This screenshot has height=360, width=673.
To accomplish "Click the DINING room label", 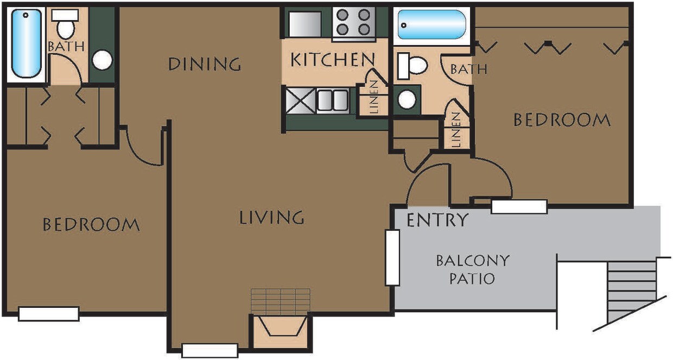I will [x=204, y=64].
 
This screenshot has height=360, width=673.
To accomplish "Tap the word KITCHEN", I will [x=333, y=60].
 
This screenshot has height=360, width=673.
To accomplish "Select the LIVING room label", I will [x=271, y=218].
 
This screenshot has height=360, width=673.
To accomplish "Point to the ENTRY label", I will [x=437, y=220].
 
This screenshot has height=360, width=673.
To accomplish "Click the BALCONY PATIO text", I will [x=473, y=269].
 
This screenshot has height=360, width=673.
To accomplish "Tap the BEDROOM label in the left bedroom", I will [x=91, y=224].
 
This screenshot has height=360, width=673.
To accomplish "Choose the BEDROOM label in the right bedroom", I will [x=562, y=120].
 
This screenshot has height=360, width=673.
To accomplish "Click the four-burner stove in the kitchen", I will [x=354, y=22].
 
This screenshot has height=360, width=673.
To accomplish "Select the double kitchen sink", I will [x=332, y=100].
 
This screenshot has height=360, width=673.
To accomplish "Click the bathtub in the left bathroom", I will [x=26, y=43].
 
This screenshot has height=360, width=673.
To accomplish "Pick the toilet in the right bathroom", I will [x=414, y=66].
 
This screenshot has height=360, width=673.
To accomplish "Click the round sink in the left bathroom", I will [x=102, y=60].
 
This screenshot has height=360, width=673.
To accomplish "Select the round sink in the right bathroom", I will [x=407, y=99].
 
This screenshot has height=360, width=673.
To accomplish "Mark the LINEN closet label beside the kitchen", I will [x=374, y=97].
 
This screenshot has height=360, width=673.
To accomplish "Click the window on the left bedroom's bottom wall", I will [x=48, y=313].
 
